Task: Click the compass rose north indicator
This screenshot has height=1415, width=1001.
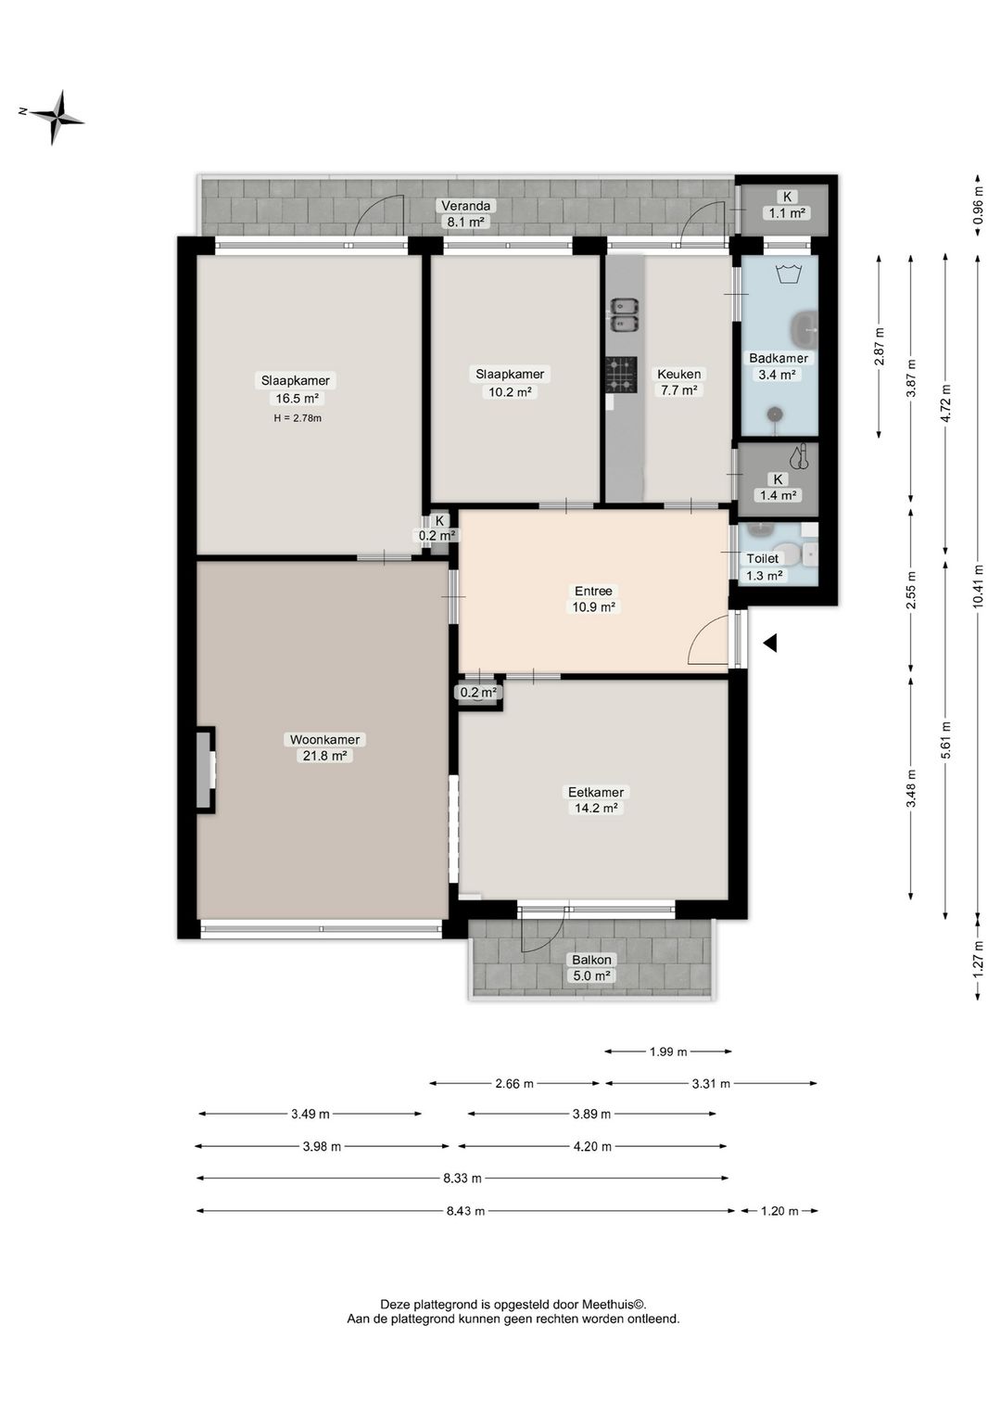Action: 23,111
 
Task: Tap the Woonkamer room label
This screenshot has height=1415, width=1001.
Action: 324,739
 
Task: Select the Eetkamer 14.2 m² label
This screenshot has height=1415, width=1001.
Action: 596,799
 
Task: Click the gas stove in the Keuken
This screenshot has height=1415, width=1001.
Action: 621,375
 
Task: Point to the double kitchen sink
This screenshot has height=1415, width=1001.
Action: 624,315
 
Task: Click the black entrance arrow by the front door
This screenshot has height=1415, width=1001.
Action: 769,644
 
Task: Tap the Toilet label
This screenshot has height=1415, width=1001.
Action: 762,558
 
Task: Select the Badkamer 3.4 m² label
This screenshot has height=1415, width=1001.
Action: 778,365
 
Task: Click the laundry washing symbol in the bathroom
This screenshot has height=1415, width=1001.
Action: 788,274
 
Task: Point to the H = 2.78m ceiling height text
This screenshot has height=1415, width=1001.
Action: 298,417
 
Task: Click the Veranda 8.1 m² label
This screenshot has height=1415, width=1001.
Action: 465,213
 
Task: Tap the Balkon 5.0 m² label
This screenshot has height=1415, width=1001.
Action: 591,967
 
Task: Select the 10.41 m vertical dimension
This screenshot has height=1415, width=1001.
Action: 978,586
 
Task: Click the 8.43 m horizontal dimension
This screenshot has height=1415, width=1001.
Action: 466,1211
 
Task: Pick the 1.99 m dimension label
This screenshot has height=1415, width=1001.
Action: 668,1052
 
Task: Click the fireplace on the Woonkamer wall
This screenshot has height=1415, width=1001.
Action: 205,770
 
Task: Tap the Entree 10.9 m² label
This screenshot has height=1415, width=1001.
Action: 593,599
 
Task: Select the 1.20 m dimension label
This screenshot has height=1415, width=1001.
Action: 779,1211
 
